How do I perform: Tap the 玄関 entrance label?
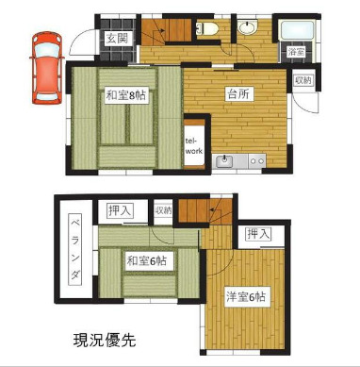coord(116,38)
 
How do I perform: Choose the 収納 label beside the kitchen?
coord(302,80)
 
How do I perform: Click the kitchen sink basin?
coord(225,162)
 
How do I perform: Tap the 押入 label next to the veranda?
coord(119,210)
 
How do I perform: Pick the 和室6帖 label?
coord(149,260)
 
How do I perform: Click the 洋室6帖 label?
coord(246,296)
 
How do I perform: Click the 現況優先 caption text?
coord(105,340)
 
